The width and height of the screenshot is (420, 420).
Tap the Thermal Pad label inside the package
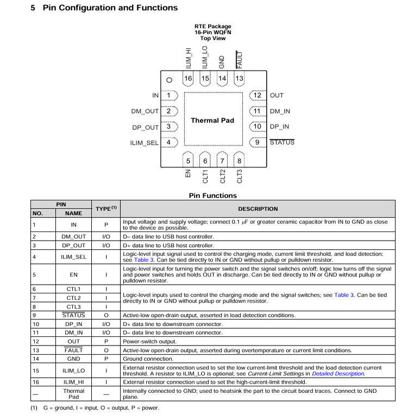212,120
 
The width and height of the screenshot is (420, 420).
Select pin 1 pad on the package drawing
171,95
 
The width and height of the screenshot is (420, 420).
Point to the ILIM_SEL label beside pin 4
144,143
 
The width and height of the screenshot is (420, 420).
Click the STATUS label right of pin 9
282,142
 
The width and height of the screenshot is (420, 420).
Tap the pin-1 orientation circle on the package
169,80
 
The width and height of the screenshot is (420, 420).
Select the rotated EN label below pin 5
188,174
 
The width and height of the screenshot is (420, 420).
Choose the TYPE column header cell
106,209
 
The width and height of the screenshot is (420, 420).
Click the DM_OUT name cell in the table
74,237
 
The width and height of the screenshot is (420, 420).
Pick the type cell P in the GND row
106,359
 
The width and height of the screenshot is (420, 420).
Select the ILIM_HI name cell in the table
74,382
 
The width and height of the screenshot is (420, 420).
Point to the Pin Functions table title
212,196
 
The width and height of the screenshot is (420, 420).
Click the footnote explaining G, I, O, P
95,408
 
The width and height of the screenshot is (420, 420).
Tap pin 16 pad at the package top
188,79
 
